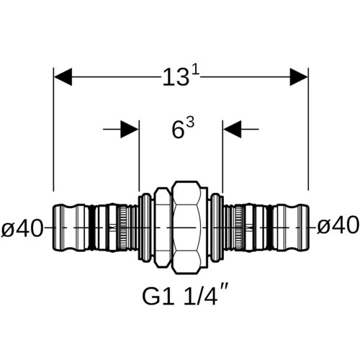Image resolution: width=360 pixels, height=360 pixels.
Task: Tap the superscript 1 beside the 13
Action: pyautogui.click(x=196, y=71)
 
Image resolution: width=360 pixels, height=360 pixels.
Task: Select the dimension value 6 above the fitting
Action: pyautogui.click(x=178, y=130)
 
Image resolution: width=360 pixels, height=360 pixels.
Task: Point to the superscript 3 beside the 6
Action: pyautogui.click(x=190, y=124)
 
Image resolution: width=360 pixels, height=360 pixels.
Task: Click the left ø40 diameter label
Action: pyautogui.click(x=22, y=228)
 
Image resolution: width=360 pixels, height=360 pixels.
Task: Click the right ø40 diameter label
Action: pyautogui.click(x=338, y=226)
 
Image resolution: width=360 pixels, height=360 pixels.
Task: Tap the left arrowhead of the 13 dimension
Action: pyautogui.click(x=63, y=77)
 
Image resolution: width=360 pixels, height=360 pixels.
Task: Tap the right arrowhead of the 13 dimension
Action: pyautogui.click(x=299, y=77)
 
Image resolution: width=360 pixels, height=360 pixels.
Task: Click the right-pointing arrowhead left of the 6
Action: pyautogui.click(x=130, y=130)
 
